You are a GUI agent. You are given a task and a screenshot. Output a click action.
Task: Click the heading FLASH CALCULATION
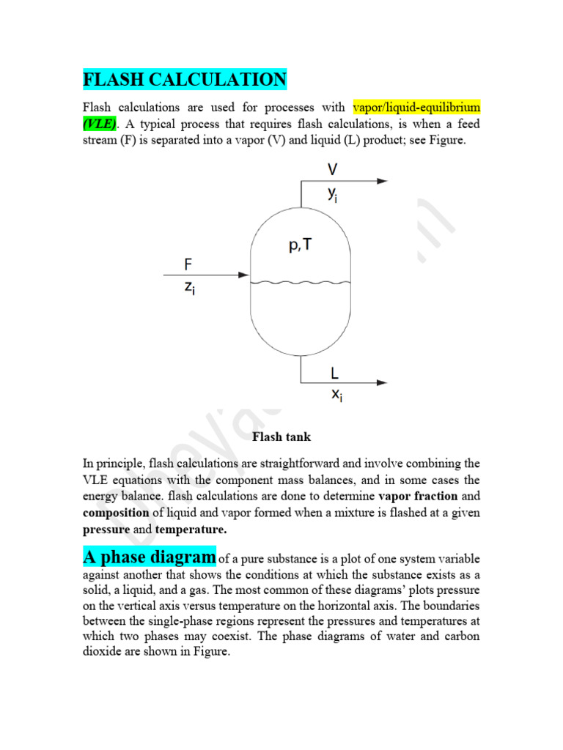coord(184,79)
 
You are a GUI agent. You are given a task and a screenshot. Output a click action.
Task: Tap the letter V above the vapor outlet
coord(333,170)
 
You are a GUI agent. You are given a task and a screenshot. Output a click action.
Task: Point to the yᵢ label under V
coord(334,193)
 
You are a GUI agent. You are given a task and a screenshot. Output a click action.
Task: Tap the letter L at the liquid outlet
coord(334,373)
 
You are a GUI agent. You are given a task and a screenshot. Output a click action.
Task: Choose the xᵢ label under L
coord(336,396)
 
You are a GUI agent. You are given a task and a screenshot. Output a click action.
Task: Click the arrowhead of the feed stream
coord(245,275)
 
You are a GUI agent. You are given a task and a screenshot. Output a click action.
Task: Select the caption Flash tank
coord(281,437)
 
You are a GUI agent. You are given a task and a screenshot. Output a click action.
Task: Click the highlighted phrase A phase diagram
coord(150,557)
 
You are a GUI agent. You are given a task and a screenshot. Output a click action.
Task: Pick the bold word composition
coord(116,512)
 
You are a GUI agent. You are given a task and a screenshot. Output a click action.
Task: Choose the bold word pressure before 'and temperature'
coord(106,529)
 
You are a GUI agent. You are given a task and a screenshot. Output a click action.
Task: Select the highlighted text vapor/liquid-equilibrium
coord(416,107)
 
